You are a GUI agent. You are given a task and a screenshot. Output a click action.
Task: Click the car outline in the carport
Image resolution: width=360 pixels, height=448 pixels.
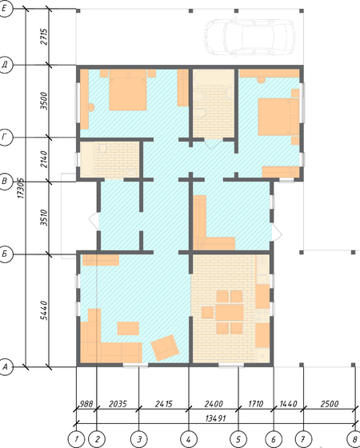pyautogui.click(x=249, y=37)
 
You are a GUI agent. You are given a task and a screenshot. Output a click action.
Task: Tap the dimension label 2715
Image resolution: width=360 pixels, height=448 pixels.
pyautogui.click(x=44, y=37)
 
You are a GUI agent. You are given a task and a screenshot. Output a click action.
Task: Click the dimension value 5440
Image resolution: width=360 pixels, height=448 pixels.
pyautogui.click(x=44, y=310)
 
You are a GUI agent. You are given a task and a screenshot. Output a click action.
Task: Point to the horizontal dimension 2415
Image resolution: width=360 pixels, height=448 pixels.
pyautogui.click(x=164, y=404)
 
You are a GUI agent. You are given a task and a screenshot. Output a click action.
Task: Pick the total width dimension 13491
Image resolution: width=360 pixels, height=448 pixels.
pyautogui.click(x=216, y=418)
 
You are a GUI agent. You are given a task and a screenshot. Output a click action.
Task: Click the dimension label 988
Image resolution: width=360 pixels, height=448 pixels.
pyautogui.click(x=86, y=404)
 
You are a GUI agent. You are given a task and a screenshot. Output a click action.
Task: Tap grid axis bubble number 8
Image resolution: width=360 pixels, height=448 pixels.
pyautogui.click(x=355, y=439)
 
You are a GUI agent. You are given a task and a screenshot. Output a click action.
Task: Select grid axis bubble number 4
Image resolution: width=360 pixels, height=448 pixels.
pyautogui.click(x=189, y=439)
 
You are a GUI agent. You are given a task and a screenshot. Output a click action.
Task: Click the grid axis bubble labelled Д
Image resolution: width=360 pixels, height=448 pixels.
pyautogui.click(x=5, y=66)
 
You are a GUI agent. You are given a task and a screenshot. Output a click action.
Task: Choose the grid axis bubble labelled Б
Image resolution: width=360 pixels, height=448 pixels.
pyautogui.click(x=5, y=254)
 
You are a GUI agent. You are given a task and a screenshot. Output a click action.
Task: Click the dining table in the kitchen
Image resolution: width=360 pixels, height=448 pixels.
pyautogui.click(x=230, y=313)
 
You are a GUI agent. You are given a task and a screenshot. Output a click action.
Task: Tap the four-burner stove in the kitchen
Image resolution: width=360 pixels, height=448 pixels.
pyautogui.click(x=262, y=315)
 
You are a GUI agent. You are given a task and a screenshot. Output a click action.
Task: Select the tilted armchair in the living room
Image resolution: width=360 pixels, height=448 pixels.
pyautogui.click(x=165, y=348)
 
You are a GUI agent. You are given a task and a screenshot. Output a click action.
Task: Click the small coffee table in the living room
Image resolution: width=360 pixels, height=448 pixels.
pyautogui.click(x=128, y=328)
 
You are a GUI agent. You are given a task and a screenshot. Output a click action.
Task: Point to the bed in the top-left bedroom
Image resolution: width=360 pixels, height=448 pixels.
pyautogui.click(x=128, y=90)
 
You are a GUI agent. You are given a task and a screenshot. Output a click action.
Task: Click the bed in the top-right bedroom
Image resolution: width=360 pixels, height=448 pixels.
pyautogui.click(x=278, y=117)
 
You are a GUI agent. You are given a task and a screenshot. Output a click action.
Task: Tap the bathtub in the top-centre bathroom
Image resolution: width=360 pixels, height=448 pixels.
pyautogui.click(x=214, y=77)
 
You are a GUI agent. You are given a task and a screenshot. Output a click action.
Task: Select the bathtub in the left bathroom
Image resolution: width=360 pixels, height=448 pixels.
pyautogui.click(x=87, y=159)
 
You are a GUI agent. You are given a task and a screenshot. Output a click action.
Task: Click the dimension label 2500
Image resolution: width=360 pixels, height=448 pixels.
pyautogui.click(x=329, y=404)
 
